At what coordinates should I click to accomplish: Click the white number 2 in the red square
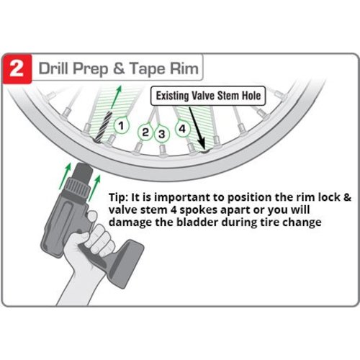coord(16,69)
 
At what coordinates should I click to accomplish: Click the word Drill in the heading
coord(53,68)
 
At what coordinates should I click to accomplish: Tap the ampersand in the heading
coord(119,68)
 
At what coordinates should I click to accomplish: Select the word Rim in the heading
coord(184,68)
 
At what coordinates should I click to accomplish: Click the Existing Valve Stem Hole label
coord(208,96)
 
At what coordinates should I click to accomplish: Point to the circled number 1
coord(121,125)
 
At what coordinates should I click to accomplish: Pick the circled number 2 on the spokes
coord(145,132)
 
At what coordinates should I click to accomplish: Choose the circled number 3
coord(162,134)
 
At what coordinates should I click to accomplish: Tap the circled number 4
coord(183,129)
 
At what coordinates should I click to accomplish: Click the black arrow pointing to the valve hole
coord(197,127)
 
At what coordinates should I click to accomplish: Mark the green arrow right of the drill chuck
coord(94,189)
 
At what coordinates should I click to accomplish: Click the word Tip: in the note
coord(118,198)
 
